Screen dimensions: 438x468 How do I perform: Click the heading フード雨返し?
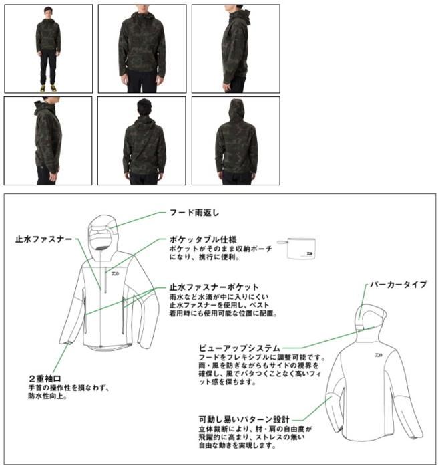194,213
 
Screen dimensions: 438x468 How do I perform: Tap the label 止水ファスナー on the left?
43,239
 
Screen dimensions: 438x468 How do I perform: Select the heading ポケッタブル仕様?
203,239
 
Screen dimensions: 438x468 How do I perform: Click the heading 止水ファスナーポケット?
214,287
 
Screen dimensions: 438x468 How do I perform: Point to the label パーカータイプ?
399,284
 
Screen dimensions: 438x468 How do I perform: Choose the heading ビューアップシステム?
240,348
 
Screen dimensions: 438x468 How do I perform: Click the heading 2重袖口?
45,379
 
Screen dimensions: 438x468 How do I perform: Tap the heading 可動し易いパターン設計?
244,419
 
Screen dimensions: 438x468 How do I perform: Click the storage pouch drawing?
296,248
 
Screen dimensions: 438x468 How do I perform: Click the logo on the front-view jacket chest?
116,273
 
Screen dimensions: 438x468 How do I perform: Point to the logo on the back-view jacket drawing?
379,355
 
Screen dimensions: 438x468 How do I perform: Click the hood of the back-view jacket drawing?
371,317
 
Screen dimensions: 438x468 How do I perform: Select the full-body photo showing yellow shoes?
48,49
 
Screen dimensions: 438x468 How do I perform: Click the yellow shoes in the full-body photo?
48,88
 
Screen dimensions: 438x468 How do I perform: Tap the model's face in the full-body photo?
47,13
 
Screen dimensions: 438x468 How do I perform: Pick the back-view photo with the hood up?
236,140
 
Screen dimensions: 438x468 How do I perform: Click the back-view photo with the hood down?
142,140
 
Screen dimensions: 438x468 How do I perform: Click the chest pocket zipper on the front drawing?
106,280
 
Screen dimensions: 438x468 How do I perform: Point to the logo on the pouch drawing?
309,254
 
